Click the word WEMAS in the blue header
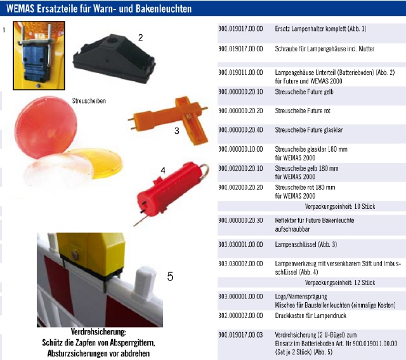click(x=20, y=8)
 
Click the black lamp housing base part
click(x=114, y=59)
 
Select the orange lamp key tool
click(x=168, y=119)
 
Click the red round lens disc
click(x=46, y=127)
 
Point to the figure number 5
click(x=170, y=276)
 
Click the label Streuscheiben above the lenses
click(x=89, y=101)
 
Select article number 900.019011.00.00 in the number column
click(x=240, y=72)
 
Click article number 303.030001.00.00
click(x=240, y=244)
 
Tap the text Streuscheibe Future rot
click(x=303, y=110)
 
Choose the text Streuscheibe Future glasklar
click(x=309, y=130)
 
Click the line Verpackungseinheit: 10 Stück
click(x=340, y=206)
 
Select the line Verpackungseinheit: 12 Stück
click(x=340, y=283)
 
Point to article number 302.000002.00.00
click(x=240, y=316)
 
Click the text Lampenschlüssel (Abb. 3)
click(x=306, y=244)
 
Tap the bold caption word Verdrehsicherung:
click(x=98, y=332)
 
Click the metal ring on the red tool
click(x=204, y=171)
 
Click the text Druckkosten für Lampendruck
click(x=310, y=316)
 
